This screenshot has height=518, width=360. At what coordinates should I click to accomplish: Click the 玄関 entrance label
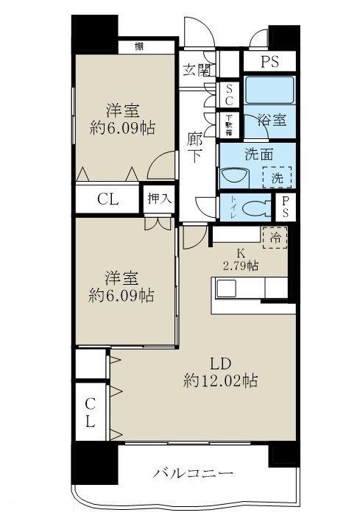point(197,71)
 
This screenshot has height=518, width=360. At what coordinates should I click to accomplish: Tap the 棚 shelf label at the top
point(139,46)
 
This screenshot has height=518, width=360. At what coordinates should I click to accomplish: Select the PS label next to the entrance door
point(269,63)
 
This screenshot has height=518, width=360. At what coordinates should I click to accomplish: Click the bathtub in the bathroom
point(269,91)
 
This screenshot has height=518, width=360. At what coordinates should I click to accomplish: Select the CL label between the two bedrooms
point(107,199)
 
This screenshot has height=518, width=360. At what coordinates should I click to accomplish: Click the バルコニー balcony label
point(194,472)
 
